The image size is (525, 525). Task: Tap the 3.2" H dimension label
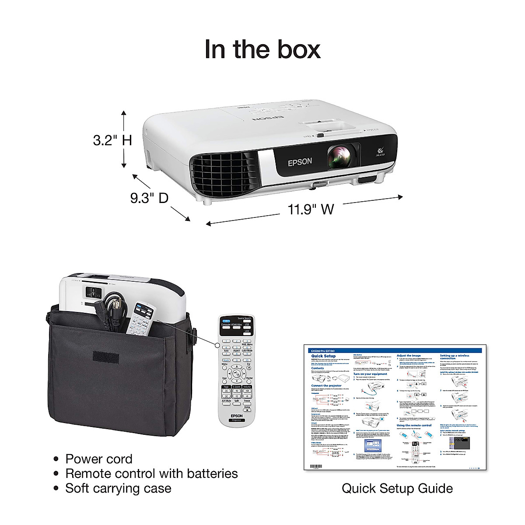[x=112, y=140]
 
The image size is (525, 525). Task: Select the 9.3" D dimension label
[x=149, y=198]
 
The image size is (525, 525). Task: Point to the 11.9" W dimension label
[x=311, y=209]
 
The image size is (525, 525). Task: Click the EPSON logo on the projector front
[x=300, y=161]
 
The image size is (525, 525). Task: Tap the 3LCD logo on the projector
[x=378, y=153]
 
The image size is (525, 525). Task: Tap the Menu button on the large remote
[x=224, y=364]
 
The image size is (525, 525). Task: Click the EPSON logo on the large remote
[x=237, y=416]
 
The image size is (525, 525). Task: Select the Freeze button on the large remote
[x=247, y=401]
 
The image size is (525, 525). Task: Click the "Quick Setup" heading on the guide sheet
[x=324, y=357]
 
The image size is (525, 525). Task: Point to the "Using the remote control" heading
[x=414, y=425]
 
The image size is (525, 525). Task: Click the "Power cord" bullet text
[x=98, y=459]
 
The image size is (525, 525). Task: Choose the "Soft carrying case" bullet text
[x=118, y=488]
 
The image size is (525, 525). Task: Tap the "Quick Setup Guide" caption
[x=397, y=488]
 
